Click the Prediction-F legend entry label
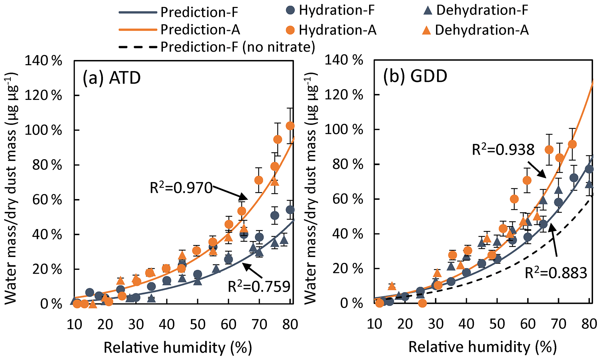(x=199, y=12)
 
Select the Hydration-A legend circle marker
(x=290, y=30)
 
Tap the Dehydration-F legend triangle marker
(x=428, y=11)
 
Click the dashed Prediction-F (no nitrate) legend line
(x=138, y=46)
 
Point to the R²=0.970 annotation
(x=181, y=188)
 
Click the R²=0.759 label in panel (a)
(x=259, y=287)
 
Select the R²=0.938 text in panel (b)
(x=503, y=150)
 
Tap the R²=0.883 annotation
(x=556, y=273)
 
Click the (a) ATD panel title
(x=112, y=78)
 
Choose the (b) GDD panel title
(x=415, y=76)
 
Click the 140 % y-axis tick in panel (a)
(x=43, y=61)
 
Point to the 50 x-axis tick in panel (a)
(x=198, y=325)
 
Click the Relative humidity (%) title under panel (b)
(x=482, y=347)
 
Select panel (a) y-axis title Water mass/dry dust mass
(x=11, y=189)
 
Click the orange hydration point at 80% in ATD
(x=290, y=126)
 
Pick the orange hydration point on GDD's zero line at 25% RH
(x=422, y=303)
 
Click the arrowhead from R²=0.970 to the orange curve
(x=244, y=197)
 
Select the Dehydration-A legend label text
(x=482, y=30)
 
